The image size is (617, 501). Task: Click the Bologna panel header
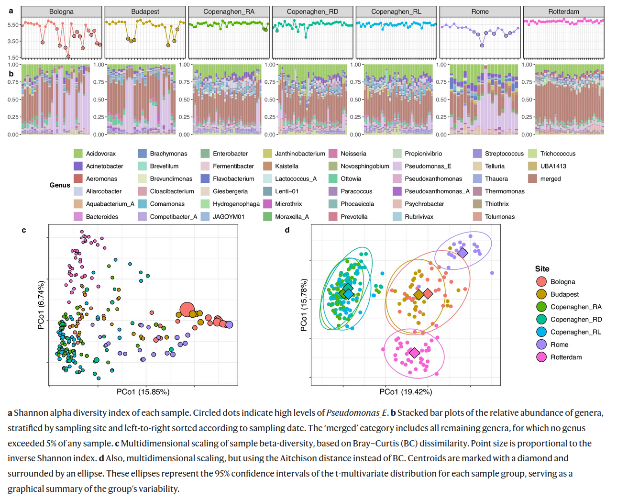(61, 11)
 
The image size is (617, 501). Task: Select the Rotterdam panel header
(563, 11)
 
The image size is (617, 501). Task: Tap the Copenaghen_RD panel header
(312, 11)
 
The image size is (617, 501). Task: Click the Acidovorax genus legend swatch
(78, 154)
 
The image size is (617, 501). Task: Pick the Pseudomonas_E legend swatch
(397, 166)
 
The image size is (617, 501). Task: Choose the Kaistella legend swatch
(267, 166)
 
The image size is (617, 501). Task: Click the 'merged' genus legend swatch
(532, 178)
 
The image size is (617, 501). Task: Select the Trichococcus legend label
(558, 154)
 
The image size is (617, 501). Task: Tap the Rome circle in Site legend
(541, 345)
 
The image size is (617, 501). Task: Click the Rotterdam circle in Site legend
(541, 357)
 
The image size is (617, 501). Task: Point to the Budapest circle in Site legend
(541, 294)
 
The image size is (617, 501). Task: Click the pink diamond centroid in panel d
(414, 353)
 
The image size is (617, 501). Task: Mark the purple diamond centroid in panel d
(462, 253)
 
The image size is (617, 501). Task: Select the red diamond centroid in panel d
(428, 293)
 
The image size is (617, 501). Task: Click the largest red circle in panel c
(187, 310)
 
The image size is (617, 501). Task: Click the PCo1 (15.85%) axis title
(143, 392)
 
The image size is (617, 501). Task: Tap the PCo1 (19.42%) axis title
(406, 392)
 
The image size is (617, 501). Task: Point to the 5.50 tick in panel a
(13, 25)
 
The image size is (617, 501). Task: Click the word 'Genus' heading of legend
(60, 185)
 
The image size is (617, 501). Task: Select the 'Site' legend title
(542, 269)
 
